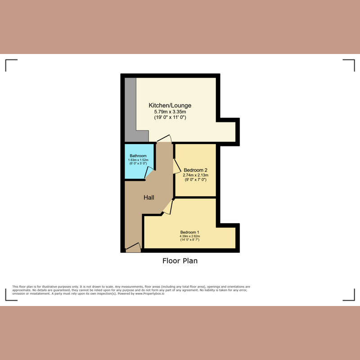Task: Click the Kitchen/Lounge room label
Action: pyautogui.click(x=167, y=106)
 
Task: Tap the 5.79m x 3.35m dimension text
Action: pyautogui.click(x=167, y=112)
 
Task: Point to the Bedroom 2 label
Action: pyautogui.click(x=195, y=170)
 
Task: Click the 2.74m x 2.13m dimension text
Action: pyautogui.click(x=195, y=175)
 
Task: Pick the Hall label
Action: pyautogui.click(x=149, y=198)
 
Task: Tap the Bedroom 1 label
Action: pyautogui.click(x=189, y=232)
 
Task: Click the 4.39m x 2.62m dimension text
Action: pyautogui.click(x=189, y=236)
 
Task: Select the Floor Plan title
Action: pyautogui.click(x=180, y=261)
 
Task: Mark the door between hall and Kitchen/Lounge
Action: pyautogui.click(x=164, y=139)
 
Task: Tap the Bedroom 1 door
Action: pyautogui.click(x=167, y=207)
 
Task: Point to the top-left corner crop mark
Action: pyautogui.click(x=11, y=65)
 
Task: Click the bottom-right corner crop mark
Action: pyautogui.click(x=349, y=295)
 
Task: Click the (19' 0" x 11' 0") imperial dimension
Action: pyautogui.click(x=167, y=117)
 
